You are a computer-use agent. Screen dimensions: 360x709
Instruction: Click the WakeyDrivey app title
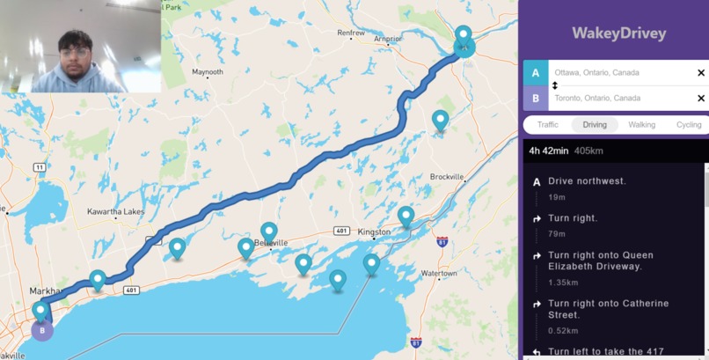(618, 33)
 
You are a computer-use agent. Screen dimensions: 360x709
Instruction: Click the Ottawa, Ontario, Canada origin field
(616, 73)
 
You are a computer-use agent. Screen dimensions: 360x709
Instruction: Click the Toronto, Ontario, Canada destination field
(616, 99)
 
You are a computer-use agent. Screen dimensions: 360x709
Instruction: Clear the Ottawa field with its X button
(701, 73)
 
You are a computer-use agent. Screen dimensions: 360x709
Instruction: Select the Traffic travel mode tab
(548, 125)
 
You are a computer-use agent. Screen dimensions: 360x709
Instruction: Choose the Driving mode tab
(595, 125)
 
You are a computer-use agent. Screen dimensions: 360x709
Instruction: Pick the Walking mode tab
(641, 125)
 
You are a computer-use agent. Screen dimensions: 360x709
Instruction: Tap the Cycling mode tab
(688, 125)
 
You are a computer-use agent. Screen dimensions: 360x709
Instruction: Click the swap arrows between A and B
(555, 85)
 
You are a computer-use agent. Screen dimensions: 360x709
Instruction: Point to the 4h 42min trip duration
(548, 151)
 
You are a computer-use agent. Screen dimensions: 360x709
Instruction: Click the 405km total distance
(588, 151)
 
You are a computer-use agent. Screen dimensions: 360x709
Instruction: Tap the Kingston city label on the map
(374, 233)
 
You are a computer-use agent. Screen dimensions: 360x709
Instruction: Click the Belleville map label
(271, 243)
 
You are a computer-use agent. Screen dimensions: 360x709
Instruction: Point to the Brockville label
(447, 177)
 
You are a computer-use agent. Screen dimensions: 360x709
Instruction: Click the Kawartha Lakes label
(115, 212)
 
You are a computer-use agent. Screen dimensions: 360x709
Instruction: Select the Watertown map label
(439, 274)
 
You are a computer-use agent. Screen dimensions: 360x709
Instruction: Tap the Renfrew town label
(351, 33)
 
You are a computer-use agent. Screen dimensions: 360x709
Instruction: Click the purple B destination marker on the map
(41, 330)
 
